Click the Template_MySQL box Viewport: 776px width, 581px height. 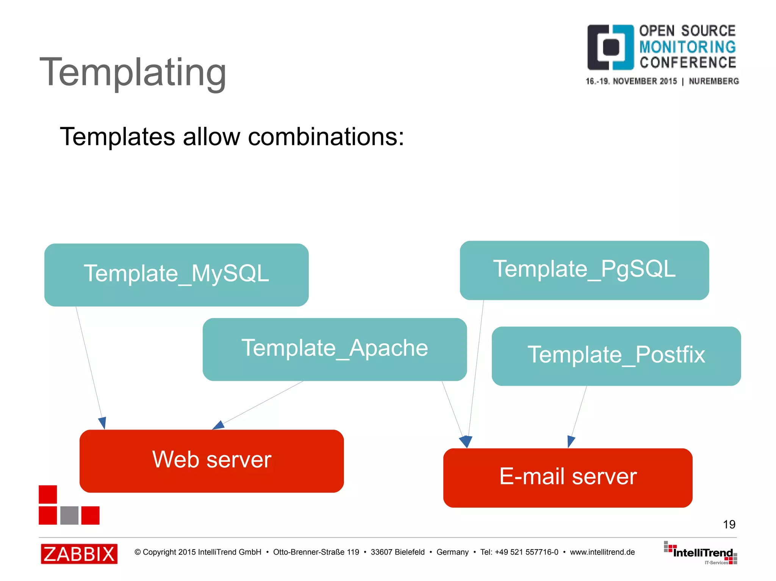pyautogui.click(x=176, y=274)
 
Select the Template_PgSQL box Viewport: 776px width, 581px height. pyautogui.click(x=584, y=270)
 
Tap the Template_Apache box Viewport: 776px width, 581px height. pyautogui.click(x=335, y=349)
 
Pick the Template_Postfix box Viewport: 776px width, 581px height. pyautogui.click(x=616, y=356)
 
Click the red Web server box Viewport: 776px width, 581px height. pyautogui.click(x=211, y=461)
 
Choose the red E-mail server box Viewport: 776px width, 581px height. pyautogui.click(x=568, y=477)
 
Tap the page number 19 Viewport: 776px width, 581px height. pyautogui.click(x=729, y=524)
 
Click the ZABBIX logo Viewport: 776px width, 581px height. pyautogui.click(x=79, y=554)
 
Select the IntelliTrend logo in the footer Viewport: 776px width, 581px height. pyautogui.click(x=701, y=553)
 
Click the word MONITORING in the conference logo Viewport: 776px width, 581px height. pyautogui.click(x=687, y=47)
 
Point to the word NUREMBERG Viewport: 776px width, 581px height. pyautogui.click(x=713, y=81)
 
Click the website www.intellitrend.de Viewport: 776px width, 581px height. pyautogui.click(x=602, y=552)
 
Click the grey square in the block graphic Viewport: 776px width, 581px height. pyautogui.click(x=69, y=515)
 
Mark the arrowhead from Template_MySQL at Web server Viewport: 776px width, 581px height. pyautogui.click(x=102, y=423)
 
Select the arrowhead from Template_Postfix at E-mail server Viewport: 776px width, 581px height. pyautogui.click(x=571, y=441)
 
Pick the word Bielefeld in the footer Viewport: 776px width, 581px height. pyautogui.click(x=410, y=552)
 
